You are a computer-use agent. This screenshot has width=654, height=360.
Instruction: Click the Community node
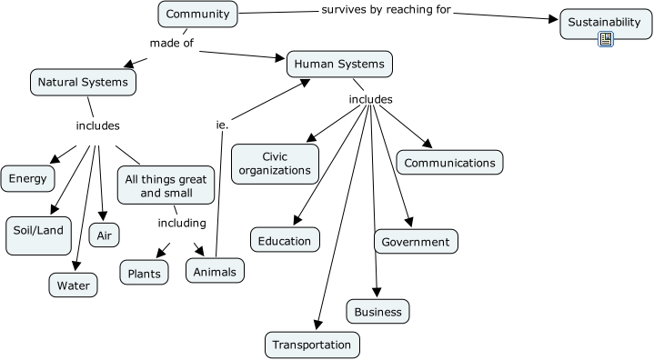coord(198,15)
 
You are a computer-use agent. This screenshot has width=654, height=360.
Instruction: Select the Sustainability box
coord(606,21)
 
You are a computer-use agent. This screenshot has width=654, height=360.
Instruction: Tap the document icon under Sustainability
coord(606,38)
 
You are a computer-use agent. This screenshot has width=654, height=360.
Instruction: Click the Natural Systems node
coord(84,82)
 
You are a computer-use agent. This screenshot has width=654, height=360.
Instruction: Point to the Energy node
coord(28,178)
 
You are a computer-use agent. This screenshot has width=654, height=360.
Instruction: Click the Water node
coord(73,285)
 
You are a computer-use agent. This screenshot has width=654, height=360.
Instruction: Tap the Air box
coord(105,235)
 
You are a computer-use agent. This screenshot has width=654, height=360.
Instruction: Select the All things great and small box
coord(166,185)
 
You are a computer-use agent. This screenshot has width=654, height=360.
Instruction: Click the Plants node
coord(145,272)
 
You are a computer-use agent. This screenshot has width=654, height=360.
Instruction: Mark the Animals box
coord(216,271)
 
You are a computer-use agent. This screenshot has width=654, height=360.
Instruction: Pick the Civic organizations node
coord(275,163)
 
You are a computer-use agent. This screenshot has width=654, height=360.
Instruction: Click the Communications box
coord(449,163)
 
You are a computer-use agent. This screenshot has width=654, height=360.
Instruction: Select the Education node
coord(285,240)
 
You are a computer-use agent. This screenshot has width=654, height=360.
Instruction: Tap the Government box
coord(416,241)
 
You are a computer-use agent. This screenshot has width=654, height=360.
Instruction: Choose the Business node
coord(377,311)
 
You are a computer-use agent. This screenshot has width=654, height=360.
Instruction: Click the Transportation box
coord(312,345)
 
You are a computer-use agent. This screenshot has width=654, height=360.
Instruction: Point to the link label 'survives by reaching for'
coord(387,10)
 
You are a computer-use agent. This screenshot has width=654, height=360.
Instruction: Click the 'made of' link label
coord(172,42)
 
